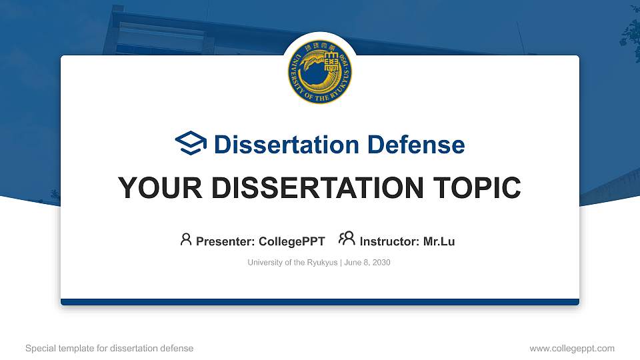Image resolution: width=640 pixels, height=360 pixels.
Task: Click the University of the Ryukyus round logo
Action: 320,71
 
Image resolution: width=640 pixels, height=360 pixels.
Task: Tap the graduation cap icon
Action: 191,144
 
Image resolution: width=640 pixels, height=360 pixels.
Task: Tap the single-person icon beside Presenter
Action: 186,239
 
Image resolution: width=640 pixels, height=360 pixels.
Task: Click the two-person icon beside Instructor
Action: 347,239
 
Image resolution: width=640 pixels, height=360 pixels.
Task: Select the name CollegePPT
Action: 292,241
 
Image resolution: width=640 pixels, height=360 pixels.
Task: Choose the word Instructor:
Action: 390,241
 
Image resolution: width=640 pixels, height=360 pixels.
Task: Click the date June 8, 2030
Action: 367,263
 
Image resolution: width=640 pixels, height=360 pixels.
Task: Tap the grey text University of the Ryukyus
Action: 293,263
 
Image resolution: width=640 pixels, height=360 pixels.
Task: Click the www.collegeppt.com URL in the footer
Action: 572,348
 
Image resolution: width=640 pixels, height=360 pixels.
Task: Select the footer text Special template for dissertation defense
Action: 109,348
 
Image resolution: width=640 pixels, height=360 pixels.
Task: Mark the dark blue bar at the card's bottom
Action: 320,302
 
